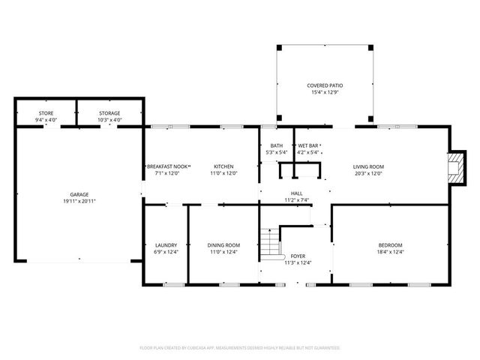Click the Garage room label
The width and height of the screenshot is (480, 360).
click(x=79, y=194)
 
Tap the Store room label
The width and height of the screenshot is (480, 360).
click(x=46, y=114)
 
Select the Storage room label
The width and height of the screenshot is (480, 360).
click(x=109, y=114)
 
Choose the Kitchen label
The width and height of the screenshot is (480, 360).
click(x=223, y=166)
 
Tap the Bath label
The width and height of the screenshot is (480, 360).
click(x=276, y=145)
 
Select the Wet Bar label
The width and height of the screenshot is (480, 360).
click(x=309, y=145)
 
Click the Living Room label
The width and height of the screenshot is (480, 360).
click(x=368, y=166)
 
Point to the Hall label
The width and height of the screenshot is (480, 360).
click(x=297, y=193)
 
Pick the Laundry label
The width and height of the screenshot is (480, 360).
click(x=165, y=245)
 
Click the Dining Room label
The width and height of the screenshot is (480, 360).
click(x=223, y=245)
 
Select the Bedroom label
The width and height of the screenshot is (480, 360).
click(x=390, y=245)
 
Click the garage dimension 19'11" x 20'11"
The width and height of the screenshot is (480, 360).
click(x=79, y=201)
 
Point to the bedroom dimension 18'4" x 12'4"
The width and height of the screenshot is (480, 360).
click(x=390, y=252)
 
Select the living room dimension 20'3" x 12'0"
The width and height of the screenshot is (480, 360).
click(x=368, y=173)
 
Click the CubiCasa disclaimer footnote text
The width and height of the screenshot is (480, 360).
click(x=240, y=348)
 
